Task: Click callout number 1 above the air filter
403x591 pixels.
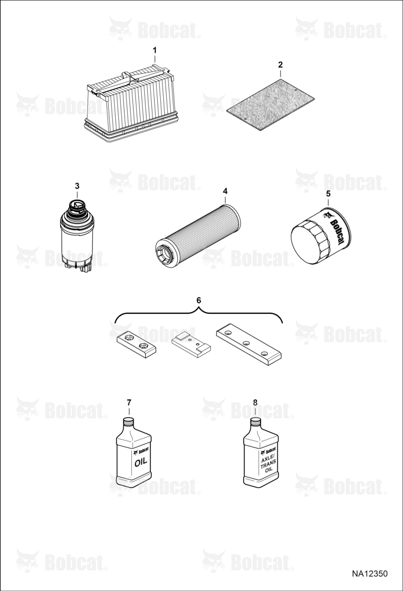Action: (155, 50)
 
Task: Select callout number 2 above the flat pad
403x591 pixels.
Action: (280, 64)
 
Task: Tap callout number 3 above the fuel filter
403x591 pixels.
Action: (77, 186)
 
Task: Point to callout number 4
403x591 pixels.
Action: (225, 191)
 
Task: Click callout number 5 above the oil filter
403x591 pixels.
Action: (328, 194)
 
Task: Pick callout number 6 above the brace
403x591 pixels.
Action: (199, 300)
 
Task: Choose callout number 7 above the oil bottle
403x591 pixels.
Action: (129, 402)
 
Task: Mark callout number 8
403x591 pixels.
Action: (255, 402)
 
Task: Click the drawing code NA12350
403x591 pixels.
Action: (369, 574)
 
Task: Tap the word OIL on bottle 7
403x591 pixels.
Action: (141, 462)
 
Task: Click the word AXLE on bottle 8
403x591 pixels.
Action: (268, 455)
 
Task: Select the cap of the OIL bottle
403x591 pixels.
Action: (129, 423)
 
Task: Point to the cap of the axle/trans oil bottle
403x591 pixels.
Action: (256, 423)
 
